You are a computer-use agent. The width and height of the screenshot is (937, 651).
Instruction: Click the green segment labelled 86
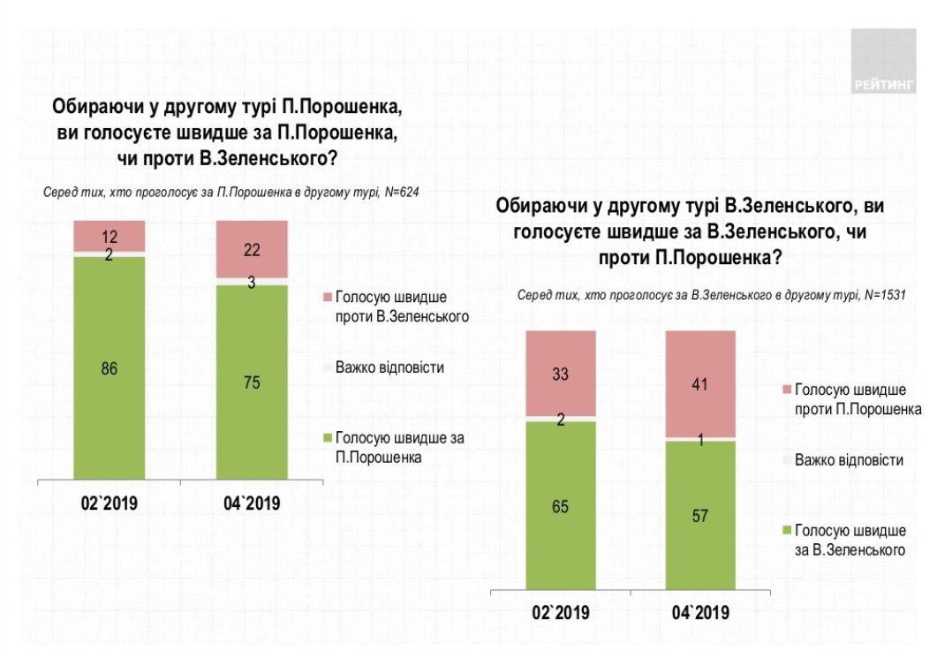click(x=109, y=368)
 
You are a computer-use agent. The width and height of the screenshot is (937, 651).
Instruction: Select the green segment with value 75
click(x=253, y=382)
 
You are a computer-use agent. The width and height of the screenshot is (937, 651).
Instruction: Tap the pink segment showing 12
click(x=109, y=236)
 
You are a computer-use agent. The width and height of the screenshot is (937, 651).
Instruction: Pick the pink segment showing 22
click(x=253, y=249)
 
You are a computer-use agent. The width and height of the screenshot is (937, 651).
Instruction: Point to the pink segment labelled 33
click(x=561, y=373)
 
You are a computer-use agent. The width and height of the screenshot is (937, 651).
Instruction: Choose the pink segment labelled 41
click(x=700, y=383)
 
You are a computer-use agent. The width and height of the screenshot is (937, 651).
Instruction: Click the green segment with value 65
click(x=561, y=507)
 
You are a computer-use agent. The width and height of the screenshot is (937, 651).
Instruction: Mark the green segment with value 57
click(x=700, y=517)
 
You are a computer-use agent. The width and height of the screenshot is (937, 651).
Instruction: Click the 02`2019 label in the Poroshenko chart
click(x=110, y=504)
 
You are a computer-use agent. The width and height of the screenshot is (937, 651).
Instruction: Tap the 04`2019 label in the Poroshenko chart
click(x=252, y=504)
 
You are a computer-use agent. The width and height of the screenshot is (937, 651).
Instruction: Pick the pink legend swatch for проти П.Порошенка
click(x=786, y=389)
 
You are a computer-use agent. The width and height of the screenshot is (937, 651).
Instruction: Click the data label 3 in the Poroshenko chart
click(x=253, y=282)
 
